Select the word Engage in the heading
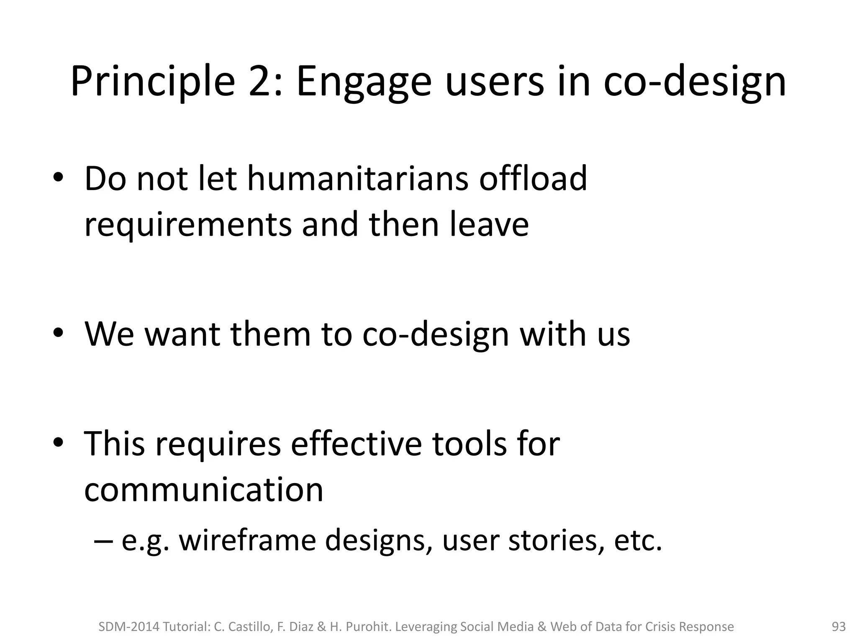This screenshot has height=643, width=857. pos(364,82)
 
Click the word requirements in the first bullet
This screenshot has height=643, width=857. pos(187,224)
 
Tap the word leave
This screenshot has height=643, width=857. pos(489,224)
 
